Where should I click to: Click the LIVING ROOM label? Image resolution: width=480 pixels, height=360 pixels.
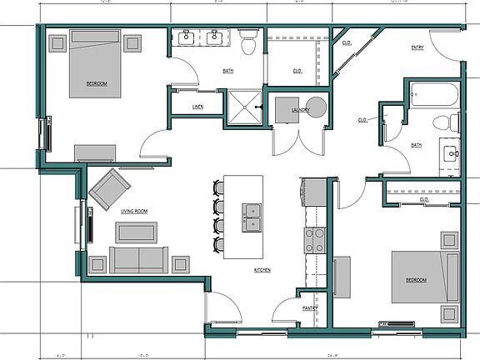pyautogui.click(x=134, y=212)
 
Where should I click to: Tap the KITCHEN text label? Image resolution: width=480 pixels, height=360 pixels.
pyautogui.click(x=265, y=271)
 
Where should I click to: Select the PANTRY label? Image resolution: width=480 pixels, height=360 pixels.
pyautogui.click(x=310, y=307)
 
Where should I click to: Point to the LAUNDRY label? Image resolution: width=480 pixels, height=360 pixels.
pyautogui.click(x=301, y=110)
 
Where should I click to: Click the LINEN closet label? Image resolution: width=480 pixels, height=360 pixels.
pyautogui.click(x=197, y=107)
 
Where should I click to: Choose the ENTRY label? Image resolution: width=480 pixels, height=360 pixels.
pyautogui.click(x=417, y=47)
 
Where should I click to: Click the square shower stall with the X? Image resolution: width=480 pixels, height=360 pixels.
pyautogui.click(x=245, y=107)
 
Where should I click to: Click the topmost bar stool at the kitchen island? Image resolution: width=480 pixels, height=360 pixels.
pyautogui.click(x=219, y=187)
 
